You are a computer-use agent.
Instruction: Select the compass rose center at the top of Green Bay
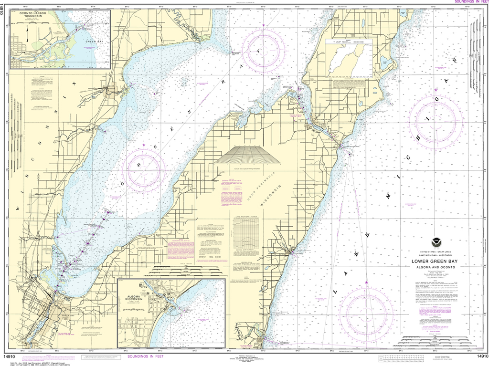coord(264,50)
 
